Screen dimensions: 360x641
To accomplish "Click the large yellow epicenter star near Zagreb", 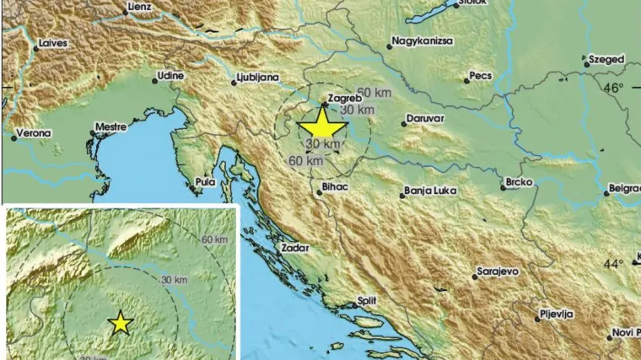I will click(322, 126).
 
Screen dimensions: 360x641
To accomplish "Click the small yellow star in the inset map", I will click(121, 322).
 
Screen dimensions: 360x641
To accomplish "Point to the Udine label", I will click(171, 76).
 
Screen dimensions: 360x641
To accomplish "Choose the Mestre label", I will click(110, 127).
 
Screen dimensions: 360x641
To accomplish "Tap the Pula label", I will click(205, 181).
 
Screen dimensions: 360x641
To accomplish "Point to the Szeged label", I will click(607, 60).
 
